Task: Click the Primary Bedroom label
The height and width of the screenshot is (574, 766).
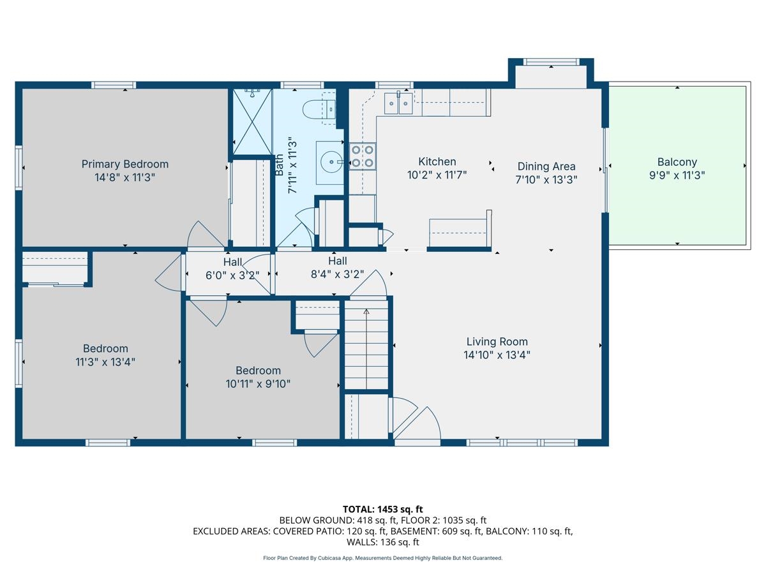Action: pos(125,164)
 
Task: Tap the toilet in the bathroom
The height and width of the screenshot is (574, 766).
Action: pos(319,109)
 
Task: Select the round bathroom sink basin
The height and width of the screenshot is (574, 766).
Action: pos(331,162)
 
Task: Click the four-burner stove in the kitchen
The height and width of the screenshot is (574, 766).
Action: pos(363,156)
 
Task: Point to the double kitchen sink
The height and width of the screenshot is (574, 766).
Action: pos(398,103)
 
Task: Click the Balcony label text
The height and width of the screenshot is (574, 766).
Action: pos(677,162)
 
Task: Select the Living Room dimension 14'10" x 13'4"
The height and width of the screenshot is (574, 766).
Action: pos(497,355)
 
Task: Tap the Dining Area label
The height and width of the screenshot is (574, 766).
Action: pos(546,166)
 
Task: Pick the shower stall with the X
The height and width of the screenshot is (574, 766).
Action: pos(252,122)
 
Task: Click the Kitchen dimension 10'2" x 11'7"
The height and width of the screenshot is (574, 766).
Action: pos(437,175)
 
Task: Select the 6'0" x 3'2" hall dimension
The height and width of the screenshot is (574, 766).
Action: pos(232,276)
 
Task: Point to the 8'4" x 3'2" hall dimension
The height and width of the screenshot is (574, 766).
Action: pos(338,274)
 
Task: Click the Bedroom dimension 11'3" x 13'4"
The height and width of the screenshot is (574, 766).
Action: pos(105,362)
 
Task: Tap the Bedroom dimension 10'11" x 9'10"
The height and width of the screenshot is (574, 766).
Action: pos(259,384)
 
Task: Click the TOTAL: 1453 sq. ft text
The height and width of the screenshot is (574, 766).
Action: pos(383,510)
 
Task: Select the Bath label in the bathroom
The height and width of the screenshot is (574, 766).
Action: pos(279,165)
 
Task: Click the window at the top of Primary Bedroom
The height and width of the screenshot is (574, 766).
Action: pos(114,85)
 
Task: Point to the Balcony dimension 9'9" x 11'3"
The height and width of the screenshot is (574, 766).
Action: pos(677,175)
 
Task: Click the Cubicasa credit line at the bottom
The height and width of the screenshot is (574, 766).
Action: pos(383,558)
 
